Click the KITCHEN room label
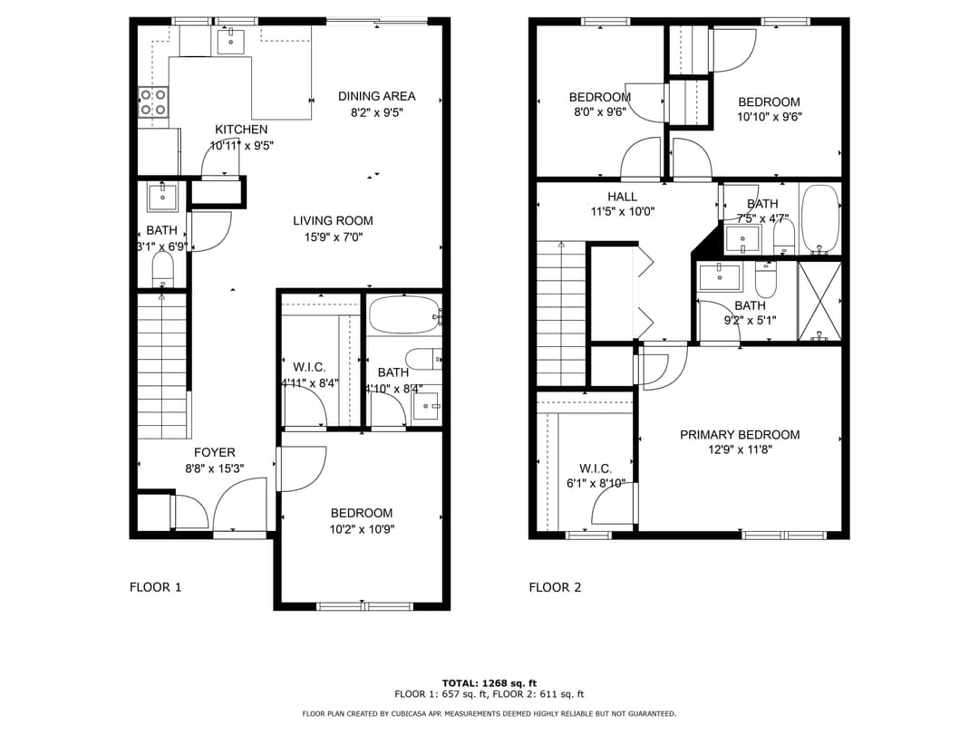(241, 130)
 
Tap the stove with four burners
(153, 102)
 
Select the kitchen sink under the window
(231, 38)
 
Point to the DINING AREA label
(376, 96)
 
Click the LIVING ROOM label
(333, 220)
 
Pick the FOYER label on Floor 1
(214, 452)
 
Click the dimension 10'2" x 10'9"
(362, 529)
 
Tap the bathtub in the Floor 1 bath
(402, 315)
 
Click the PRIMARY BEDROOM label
(740, 435)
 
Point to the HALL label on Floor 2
(622, 197)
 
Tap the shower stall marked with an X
(819, 301)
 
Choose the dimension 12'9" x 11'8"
(740, 450)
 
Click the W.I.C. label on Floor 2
(596, 468)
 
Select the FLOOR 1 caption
(155, 587)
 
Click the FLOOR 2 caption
(555, 587)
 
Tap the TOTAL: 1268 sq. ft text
(489, 682)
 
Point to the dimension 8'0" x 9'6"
(598, 113)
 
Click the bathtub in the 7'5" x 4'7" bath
(820, 218)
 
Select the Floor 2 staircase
(561, 313)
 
